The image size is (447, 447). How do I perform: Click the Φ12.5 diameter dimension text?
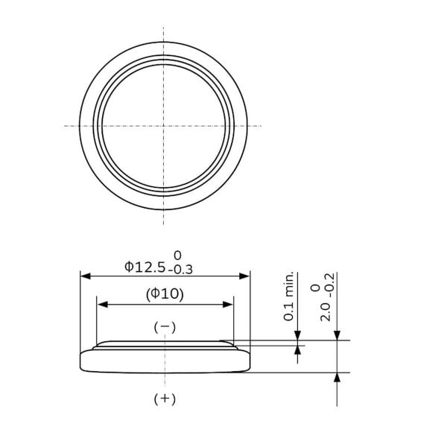point(145,266)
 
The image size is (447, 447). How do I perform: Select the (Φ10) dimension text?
point(165,294)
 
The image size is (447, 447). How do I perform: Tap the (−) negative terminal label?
point(165,327)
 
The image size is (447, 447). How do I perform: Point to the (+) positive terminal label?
point(165,399)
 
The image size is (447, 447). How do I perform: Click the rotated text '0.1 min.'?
point(290,297)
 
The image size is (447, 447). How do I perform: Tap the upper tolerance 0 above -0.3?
point(177,255)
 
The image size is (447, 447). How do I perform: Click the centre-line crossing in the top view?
point(164,125)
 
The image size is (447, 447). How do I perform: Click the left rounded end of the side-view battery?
point(82,361)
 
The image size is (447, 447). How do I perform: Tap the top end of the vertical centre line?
point(164,28)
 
